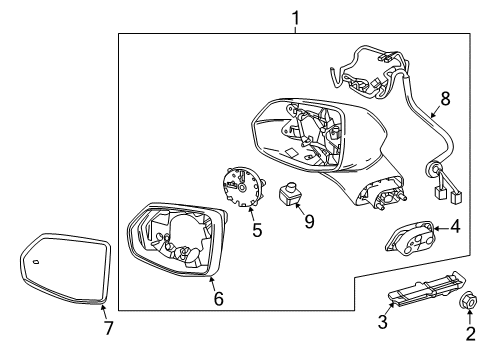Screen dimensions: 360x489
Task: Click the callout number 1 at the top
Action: coord(295,16)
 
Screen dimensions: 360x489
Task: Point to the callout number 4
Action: coord(455,228)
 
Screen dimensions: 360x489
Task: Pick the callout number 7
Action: coord(109,327)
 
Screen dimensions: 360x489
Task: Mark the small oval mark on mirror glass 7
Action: coord(35,261)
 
